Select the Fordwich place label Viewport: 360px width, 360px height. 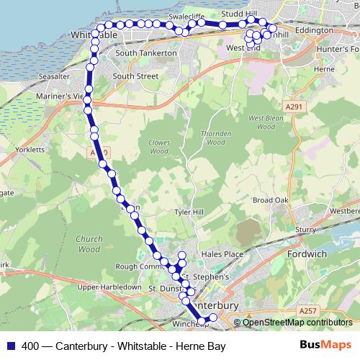[307, 254]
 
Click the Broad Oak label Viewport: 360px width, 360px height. [271, 200]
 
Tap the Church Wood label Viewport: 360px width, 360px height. [89, 244]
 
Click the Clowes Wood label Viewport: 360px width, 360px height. [159, 147]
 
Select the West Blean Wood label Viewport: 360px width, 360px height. [261, 122]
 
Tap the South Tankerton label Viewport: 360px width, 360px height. [145, 53]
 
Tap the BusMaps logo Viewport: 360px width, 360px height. [325, 346]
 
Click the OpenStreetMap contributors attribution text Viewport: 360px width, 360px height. [296, 322]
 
